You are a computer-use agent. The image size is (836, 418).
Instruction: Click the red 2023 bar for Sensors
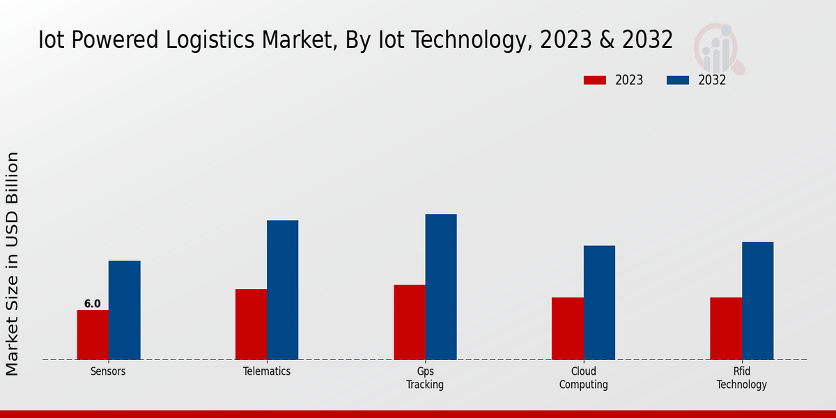tap(93, 335)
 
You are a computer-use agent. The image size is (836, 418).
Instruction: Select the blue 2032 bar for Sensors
tap(124, 310)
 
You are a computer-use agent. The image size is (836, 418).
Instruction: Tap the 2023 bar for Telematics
tap(251, 325)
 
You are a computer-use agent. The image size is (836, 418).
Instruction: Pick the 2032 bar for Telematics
tap(282, 290)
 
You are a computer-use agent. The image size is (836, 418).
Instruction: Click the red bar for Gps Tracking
tap(409, 323)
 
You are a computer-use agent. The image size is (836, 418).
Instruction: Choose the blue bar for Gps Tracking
tap(441, 287)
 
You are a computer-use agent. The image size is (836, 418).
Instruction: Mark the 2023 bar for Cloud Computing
tap(567, 329)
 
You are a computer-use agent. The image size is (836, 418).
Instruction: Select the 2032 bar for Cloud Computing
tap(599, 302)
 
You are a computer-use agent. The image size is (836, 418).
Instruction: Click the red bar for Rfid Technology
tap(726, 329)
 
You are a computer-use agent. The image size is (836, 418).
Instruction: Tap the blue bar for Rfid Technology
tap(757, 301)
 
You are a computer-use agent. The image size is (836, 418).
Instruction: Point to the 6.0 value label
tap(93, 304)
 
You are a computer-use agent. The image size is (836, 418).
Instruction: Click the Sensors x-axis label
tap(108, 371)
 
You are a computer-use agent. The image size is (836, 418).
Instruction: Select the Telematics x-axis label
tap(267, 371)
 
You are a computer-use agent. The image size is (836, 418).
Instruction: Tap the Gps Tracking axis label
tap(425, 378)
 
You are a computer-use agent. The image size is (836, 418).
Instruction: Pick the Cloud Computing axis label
tap(584, 378)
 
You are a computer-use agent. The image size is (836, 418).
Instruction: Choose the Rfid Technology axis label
tap(742, 378)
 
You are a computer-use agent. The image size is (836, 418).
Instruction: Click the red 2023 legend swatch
tap(595, 80)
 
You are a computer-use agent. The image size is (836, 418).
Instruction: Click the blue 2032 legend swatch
tap(678, 80)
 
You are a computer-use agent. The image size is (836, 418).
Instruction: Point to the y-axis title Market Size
tap(13, 263)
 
